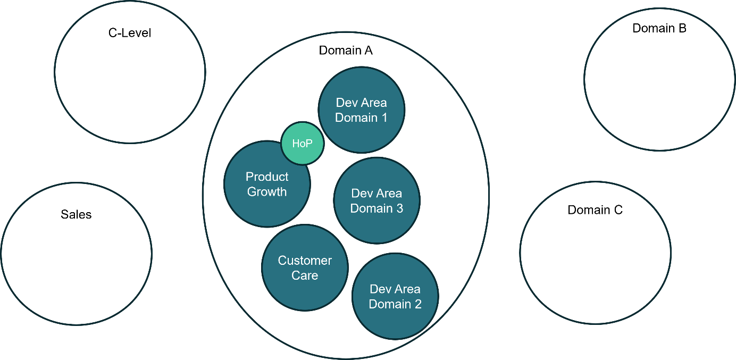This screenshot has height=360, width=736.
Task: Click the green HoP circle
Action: (x=302, y=143)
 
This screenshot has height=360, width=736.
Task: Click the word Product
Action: (x=267, y=177)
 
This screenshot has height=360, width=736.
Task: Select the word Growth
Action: (x=267, y=192)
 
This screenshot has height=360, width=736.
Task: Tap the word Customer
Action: (x=305, y=261)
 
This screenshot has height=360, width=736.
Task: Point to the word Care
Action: (x=305, y=275)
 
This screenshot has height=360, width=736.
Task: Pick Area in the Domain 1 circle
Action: (x=374, y=103)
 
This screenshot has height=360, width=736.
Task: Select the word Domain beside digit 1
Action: (x=355, y=118)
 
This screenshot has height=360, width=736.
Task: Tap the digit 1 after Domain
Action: (x=383, y=118)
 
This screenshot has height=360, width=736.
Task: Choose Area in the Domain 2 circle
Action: (x=408, y=289)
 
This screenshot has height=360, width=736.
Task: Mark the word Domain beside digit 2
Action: (x=389, y=304)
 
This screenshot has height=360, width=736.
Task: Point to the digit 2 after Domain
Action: (x=417, y=304)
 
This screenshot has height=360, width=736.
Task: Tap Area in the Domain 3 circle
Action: (x=390, y=194)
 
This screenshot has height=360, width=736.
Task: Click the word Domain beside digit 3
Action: (x=371, y=208)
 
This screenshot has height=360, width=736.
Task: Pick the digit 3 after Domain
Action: (x=399, y=208)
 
